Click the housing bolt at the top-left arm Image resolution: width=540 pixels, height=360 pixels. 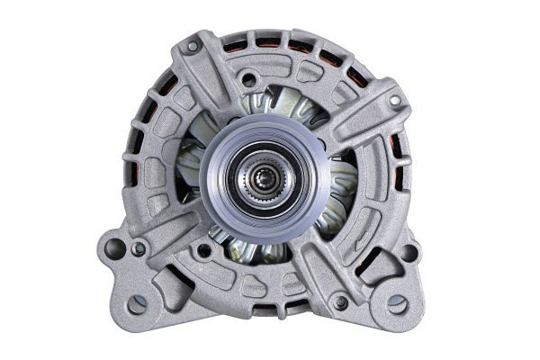tap(192, 45)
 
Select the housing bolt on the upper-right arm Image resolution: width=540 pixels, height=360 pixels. tap(394, 102)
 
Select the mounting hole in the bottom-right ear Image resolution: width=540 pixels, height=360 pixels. tap(396, 303)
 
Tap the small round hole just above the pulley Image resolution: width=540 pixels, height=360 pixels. tap(249, 80)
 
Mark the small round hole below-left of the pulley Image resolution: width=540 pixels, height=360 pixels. tap(205, 251)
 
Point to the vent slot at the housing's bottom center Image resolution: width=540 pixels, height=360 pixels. tap(266, 310)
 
